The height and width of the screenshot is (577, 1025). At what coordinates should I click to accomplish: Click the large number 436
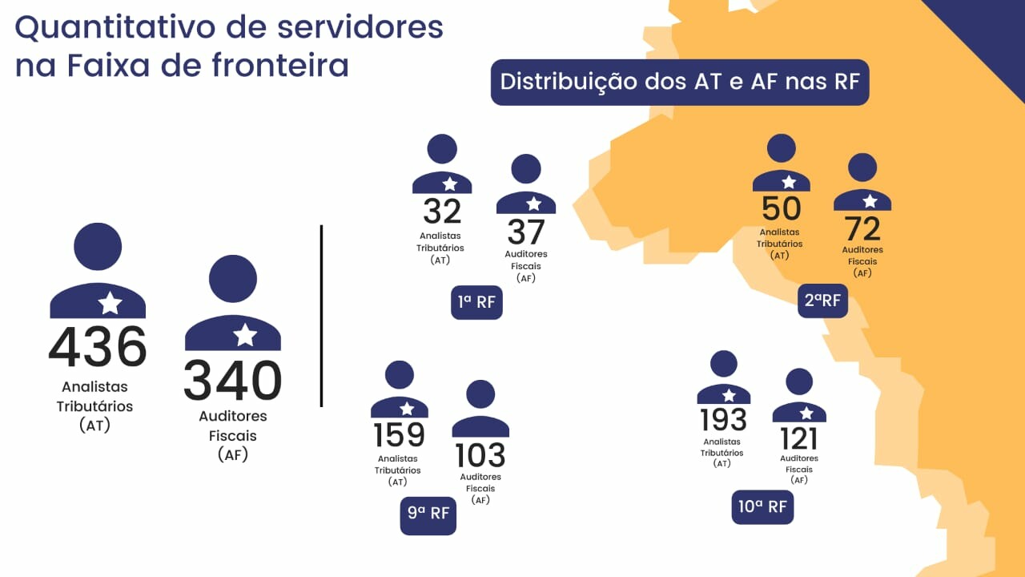[x=98, y=347]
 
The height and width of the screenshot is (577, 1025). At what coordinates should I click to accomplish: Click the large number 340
[x=233, y=381]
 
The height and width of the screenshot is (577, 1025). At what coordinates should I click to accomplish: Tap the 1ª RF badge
[x=476, y=303]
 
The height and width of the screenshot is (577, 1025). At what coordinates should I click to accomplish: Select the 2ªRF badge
[x=822, y=301]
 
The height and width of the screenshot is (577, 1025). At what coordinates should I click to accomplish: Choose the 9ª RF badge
[x=428, y=514]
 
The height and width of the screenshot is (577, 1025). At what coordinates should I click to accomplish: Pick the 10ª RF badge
[x=762, y=507]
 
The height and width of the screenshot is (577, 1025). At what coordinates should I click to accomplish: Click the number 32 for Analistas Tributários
[x=442, y=212]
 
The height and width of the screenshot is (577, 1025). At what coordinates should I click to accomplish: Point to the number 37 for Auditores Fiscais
[x=526, y=232]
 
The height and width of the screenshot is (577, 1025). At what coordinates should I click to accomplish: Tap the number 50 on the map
[x=781, y=208]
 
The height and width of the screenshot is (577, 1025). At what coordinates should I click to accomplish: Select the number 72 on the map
[x=862, y=229]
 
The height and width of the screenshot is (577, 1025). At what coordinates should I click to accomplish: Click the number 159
[x=399, y=435]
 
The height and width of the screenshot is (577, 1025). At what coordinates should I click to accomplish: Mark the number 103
[x=480, y=455]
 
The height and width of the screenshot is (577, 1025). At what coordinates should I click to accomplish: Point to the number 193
[x=723, y=420]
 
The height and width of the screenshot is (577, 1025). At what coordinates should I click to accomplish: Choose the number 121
[x=799, y=438]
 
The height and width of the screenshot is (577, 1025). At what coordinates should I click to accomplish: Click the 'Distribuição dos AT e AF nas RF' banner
[x=679, y=83]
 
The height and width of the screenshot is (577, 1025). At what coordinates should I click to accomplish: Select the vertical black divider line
[x=321, y=316]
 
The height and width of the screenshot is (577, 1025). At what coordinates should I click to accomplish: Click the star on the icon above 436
[x=110, y=303]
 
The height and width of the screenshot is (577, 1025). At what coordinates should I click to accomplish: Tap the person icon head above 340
[x=233, y=278]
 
